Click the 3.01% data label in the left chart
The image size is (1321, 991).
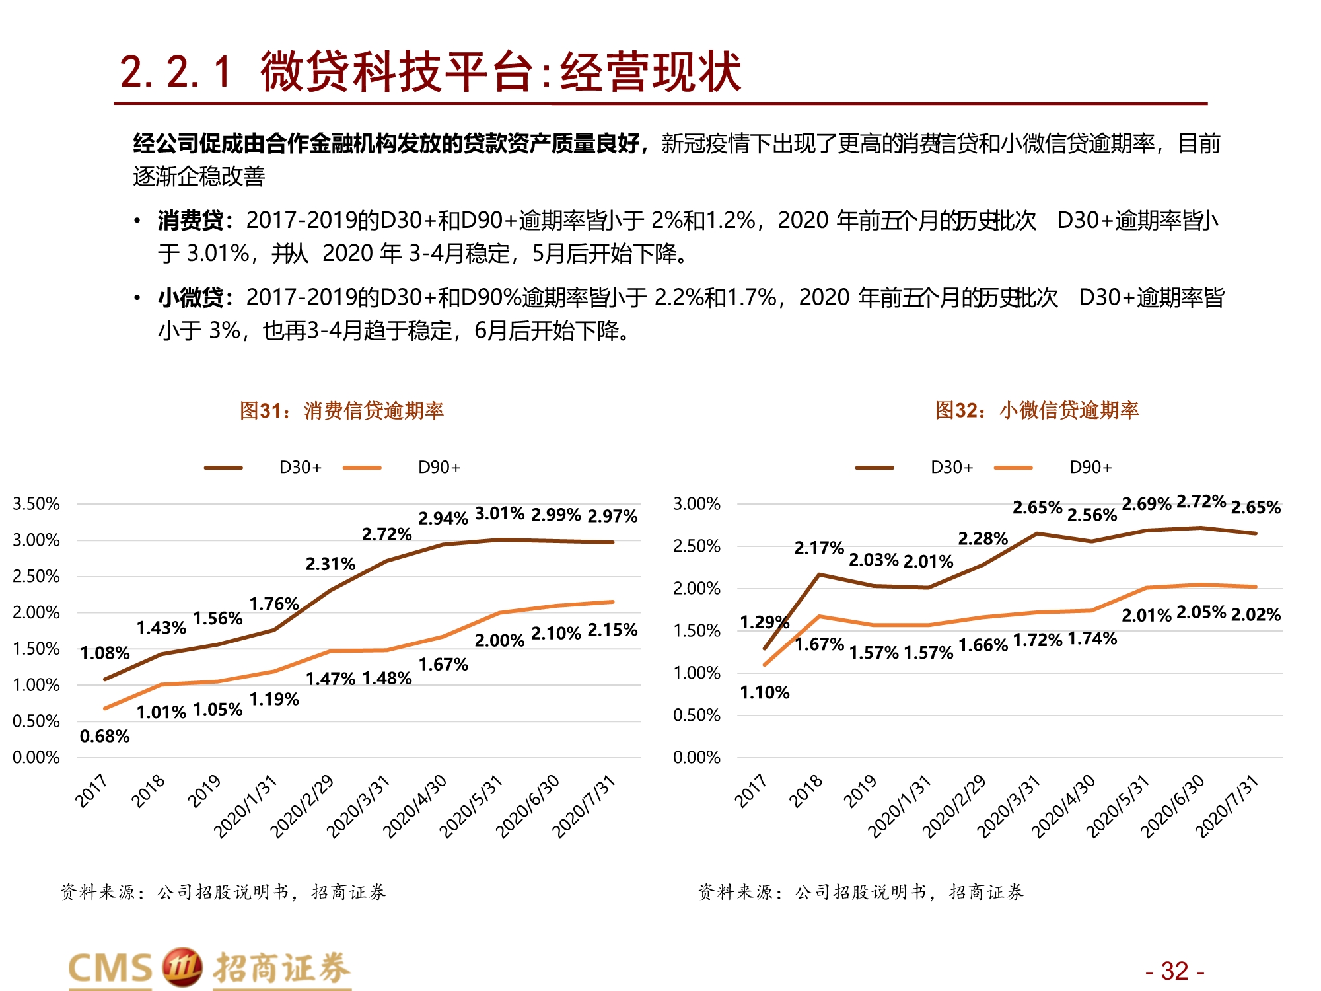[x=499, y=513]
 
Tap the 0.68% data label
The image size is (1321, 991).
[x=104, y=736]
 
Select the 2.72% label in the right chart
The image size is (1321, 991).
[x=1201, y=501]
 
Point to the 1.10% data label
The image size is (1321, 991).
[x=764, y=692]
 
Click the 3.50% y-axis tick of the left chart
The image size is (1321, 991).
[x=36, y=504]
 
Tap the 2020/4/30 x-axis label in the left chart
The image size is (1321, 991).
[x=415, y=806]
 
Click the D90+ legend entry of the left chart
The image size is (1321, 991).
[x=439, y=468]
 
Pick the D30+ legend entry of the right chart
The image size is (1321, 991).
[x=951, y=468]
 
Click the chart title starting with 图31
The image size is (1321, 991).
[x=341, y=410]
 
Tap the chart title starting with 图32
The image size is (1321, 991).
[x=1037, y=410]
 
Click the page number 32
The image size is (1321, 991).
[x=1174, y=971]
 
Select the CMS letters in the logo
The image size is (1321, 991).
[x=110, y=969]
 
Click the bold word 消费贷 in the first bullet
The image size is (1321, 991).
[x=191, y=221]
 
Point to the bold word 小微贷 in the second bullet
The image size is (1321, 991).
[x=191, y=298]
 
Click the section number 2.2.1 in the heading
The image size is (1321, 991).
[x=176, y=71]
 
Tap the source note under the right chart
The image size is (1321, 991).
[x=860, y=892]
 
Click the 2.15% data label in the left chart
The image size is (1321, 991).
[x=612, y=630]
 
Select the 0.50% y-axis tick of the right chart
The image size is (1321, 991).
[x=696, y=716]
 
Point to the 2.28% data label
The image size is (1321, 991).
[x=983, y=538]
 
